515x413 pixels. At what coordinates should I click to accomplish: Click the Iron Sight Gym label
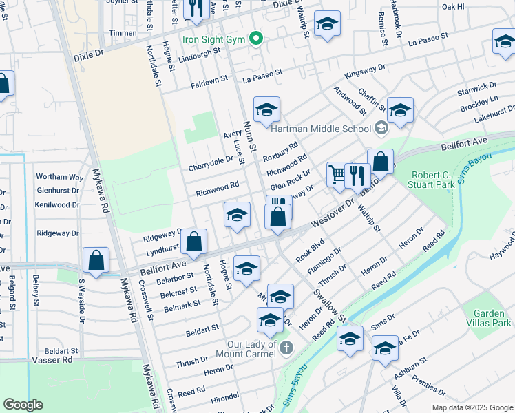pos(213,39)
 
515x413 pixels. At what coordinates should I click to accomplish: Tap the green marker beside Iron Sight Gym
pos(256,39)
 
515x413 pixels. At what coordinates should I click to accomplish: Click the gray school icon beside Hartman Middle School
pos(381,128)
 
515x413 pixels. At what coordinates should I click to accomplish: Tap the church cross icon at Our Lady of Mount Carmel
pos(286,348)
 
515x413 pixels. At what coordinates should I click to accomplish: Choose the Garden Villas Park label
pos(493,318)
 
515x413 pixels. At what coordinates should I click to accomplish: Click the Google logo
pos(23,405)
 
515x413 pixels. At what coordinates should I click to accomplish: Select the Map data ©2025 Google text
pos(472,407)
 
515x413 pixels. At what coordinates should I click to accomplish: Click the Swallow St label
pos(330,304)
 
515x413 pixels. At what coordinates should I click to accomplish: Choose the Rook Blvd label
pos(310,250)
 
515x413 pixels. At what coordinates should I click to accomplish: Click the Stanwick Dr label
pos(476,89)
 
